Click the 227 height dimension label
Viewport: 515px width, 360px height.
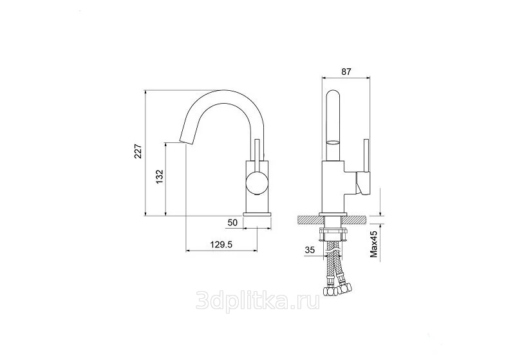click(138, 151)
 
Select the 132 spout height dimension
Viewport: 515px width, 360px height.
click(159, 176)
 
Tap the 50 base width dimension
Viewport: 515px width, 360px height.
click(232, 223)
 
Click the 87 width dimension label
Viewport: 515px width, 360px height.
click(346, 71)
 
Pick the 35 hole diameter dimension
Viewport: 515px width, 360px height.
click(310, 250)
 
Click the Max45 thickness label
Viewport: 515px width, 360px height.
click(374, 243)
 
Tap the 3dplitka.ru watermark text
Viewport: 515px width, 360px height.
click(257, 300)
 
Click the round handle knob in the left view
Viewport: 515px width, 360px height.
click(257, 183)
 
